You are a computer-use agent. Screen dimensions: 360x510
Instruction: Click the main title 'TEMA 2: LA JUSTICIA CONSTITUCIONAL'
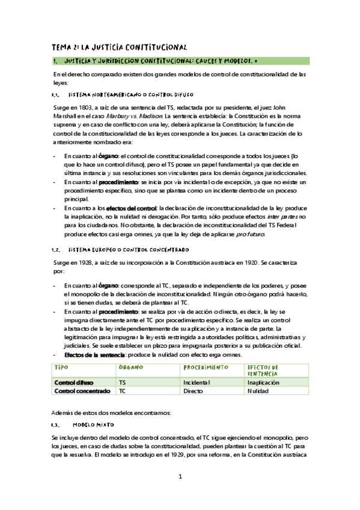[120, 46]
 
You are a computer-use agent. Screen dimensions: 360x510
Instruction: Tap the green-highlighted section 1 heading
[181, 61]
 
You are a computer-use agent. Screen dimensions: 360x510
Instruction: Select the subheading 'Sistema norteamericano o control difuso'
[129, 95]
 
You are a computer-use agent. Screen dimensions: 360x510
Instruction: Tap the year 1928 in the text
[91, 264]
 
